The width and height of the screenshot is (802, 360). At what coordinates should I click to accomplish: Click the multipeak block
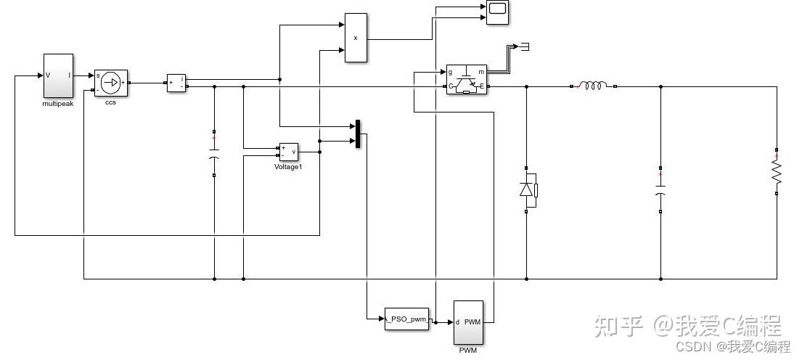(58, 75)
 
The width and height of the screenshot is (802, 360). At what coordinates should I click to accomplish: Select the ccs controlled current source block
(110, 83)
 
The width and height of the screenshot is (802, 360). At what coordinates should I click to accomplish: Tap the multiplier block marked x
(356, 38)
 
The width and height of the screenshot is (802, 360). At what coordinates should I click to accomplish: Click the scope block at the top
(496, 12)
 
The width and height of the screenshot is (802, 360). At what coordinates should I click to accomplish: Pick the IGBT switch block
(467, 79)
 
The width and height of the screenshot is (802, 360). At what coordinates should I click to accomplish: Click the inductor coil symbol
(593, 86)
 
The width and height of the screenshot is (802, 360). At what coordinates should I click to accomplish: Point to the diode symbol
(526, 189)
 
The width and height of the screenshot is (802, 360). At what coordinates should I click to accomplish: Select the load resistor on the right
(777, 172)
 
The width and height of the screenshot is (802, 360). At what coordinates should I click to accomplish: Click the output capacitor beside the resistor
(660, 189)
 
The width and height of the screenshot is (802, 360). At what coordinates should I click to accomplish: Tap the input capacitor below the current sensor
(214, 153)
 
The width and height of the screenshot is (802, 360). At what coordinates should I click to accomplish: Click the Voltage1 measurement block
(288, 152)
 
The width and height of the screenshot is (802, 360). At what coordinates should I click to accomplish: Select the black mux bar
(358, 134)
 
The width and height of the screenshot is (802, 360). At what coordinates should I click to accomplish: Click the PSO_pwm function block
(406, 319)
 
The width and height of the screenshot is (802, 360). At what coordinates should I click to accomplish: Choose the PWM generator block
(468, 322)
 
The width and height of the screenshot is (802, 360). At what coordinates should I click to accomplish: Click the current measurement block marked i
(176, 83)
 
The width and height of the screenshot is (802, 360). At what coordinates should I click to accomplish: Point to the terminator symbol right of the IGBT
(524, 46)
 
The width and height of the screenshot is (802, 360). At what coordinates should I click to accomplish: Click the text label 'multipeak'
(58, 104)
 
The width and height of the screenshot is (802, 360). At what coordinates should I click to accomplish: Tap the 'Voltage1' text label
(288, 167)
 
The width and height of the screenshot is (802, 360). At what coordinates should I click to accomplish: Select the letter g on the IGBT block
(450, 72)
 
